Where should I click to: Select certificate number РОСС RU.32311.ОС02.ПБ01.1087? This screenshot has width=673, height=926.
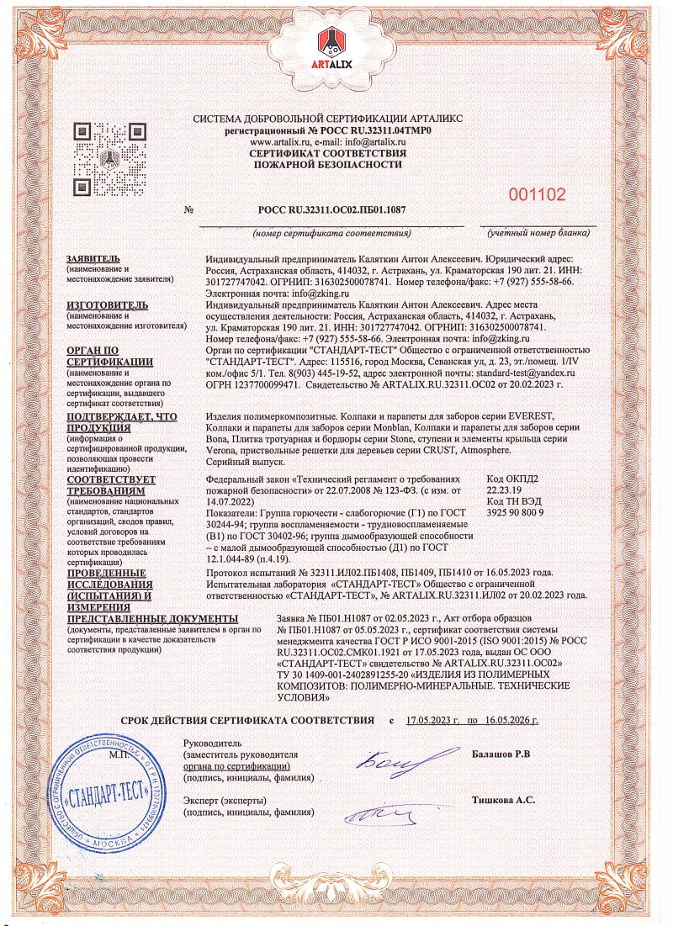tap(331, 210)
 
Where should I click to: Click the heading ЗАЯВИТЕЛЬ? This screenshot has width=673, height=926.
tap(94, 258)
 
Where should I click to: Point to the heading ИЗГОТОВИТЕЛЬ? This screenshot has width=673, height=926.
tap(107, 304)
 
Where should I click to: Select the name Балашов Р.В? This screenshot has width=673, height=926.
tap(501, 754)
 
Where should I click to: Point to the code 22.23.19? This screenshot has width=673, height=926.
tap(505, 489)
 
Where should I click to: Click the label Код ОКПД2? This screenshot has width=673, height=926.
tap(512, 479)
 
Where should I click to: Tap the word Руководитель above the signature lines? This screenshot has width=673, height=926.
tap(212, 743)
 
